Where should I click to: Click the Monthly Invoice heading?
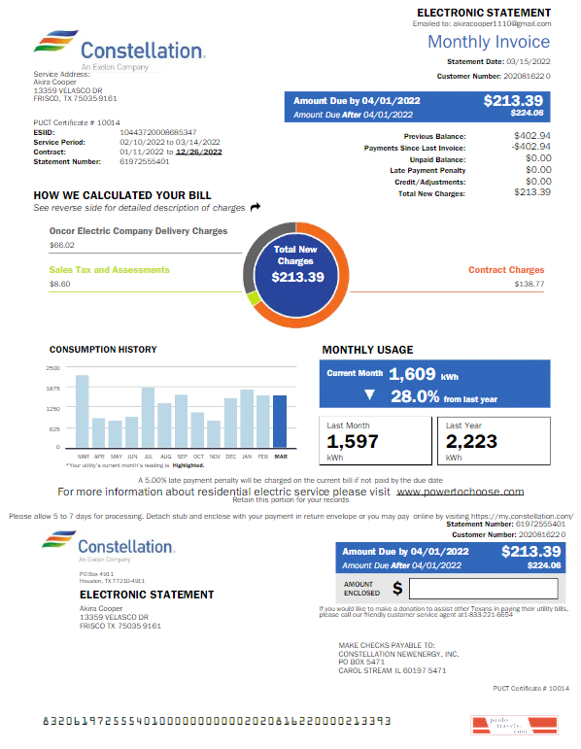(x=489, y=42)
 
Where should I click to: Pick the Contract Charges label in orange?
(x=506, y=270)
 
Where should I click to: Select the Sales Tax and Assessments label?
(x=109, y=270)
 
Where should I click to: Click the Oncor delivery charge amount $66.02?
(x=61, y=246)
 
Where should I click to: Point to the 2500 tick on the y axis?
(x=53, y=368)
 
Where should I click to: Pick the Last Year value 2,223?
(x=471, y=442)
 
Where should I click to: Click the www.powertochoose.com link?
(x=461, y=492)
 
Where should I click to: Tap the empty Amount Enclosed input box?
(x=483, y=589)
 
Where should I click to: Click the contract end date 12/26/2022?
(x=198, y=152)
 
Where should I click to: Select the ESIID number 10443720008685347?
(x=158, y=132)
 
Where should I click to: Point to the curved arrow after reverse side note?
(x=256, y=207)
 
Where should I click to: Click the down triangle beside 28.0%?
(x=369, y=395)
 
